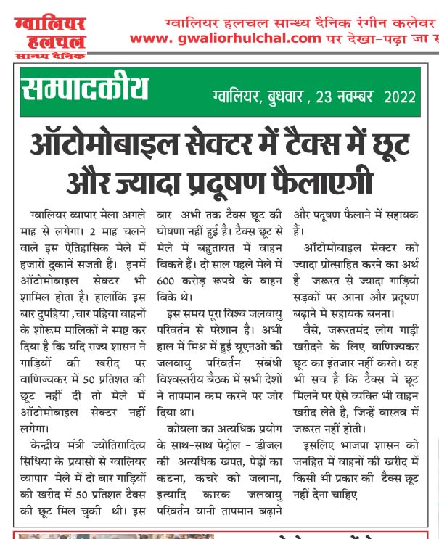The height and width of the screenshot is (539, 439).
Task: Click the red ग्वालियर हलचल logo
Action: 49,33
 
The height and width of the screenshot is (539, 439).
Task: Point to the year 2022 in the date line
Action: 400,96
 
